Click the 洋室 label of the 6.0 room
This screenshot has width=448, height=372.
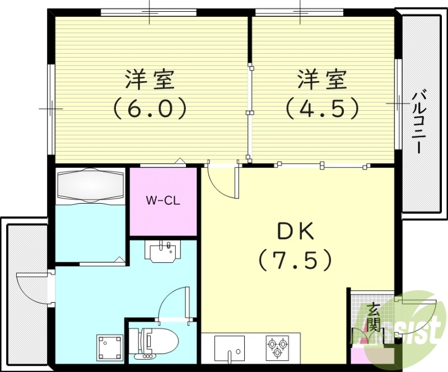(150, 80)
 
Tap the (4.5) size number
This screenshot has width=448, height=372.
(321, 108)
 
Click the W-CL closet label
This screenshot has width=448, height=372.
(163, 200)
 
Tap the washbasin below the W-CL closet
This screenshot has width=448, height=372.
(165, 250)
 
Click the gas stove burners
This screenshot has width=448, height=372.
(278, 346)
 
